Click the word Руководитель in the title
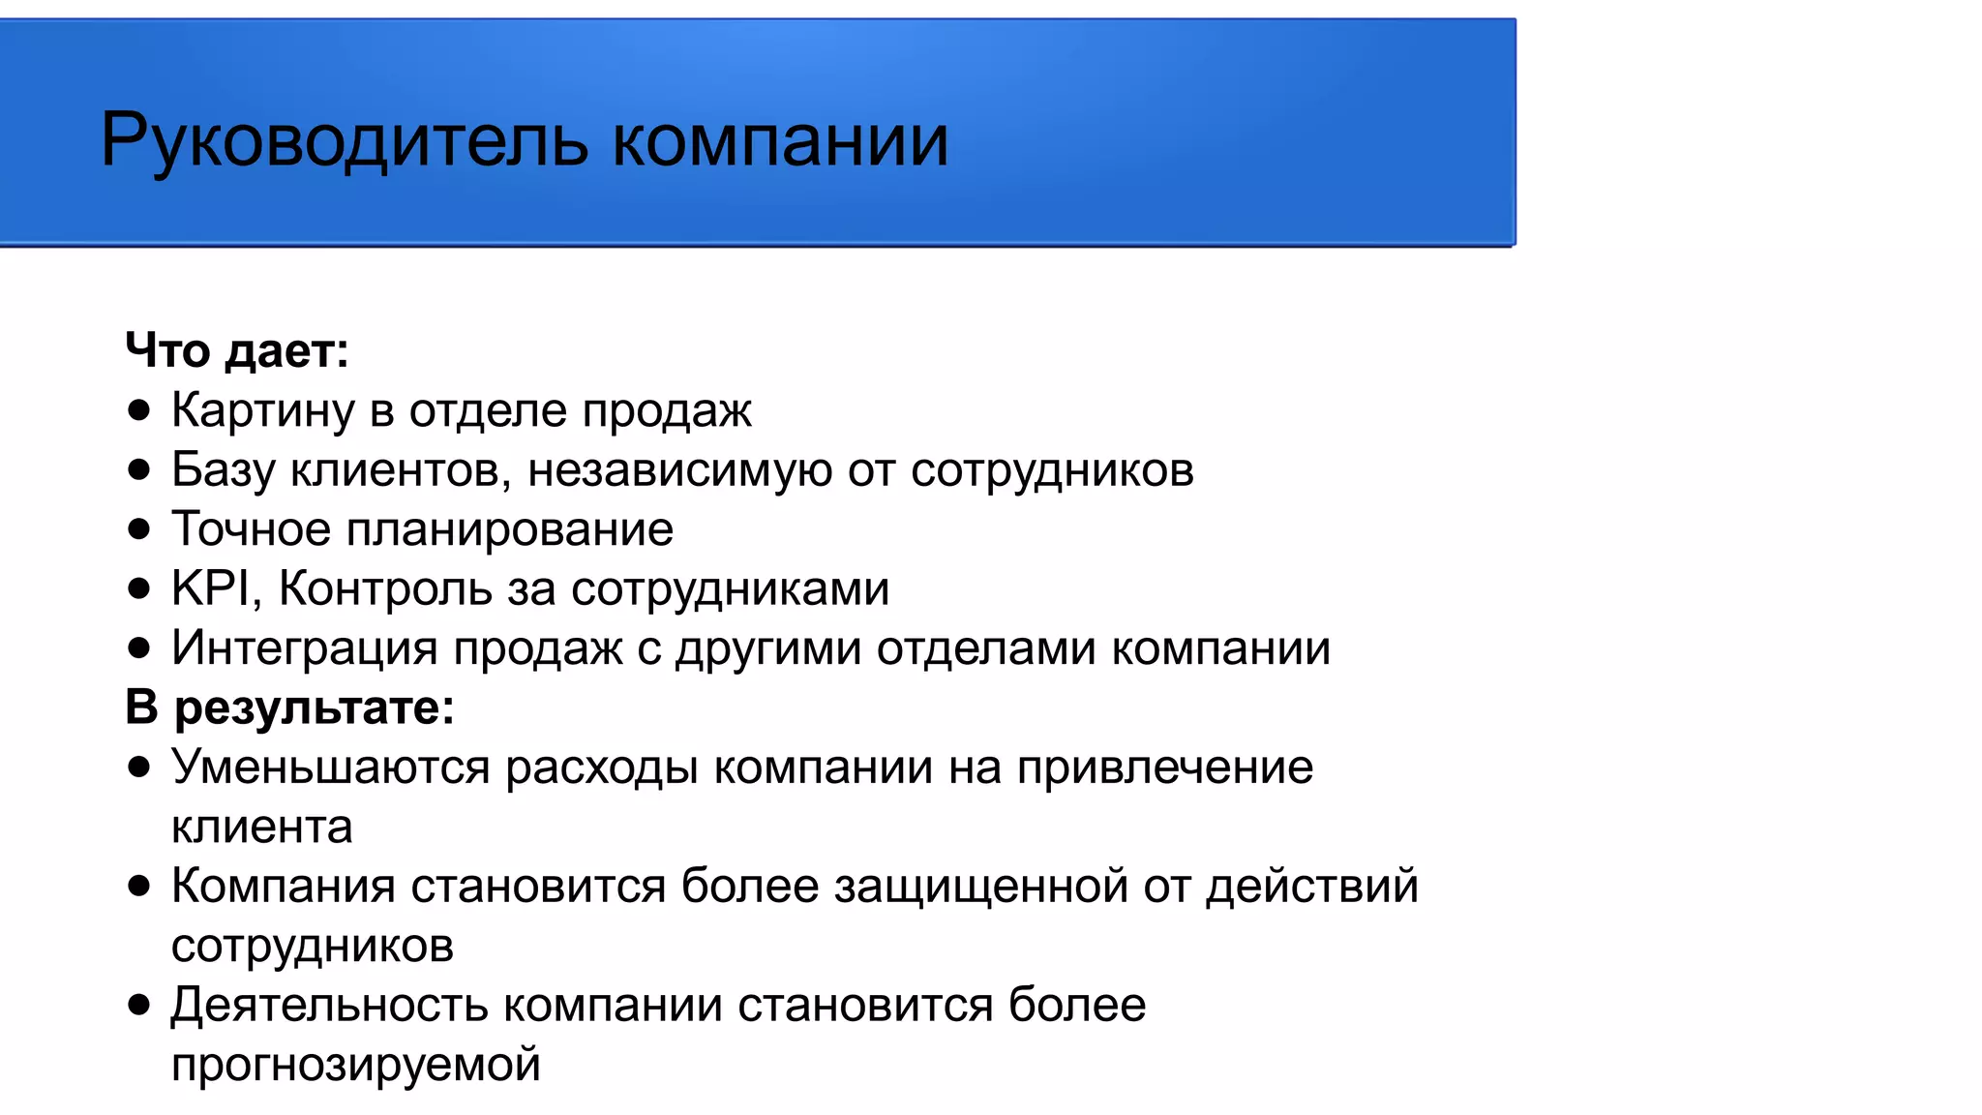344,141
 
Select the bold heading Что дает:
236,350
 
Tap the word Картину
262,410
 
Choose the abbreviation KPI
212,588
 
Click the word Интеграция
304,648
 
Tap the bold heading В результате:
289,708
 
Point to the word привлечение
1164,768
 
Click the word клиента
261,828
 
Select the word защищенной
980,887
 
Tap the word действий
1311,887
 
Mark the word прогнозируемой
355,1065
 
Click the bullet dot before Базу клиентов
139,470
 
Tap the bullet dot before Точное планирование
139,529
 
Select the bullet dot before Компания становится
139,887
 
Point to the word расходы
601,768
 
